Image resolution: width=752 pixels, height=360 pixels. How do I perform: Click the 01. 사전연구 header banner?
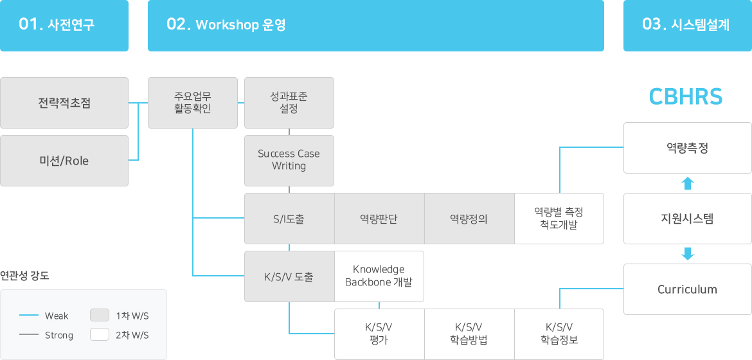coord(64,26)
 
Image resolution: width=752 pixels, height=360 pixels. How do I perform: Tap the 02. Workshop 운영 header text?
coord(226,24)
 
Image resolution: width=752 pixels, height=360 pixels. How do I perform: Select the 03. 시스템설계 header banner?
coord(687,26)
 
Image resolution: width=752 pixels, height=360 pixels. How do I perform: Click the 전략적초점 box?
coord(64,103)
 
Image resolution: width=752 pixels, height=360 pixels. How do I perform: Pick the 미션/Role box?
coord(64,161)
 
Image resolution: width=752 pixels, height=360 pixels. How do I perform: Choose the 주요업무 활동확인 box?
coord(193,103)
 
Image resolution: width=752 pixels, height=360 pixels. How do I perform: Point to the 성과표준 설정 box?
coord(289,103)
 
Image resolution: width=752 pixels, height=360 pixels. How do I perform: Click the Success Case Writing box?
coord(289,161)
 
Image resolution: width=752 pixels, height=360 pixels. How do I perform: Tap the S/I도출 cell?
coord(289,219)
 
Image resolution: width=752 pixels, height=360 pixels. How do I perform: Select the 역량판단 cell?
coord(379,219)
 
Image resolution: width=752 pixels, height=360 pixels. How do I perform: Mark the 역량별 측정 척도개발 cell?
coord(559,219)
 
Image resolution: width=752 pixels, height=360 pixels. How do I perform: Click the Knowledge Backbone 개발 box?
coord(379,276)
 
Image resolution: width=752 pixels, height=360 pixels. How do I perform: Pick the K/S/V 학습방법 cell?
coord(470,334)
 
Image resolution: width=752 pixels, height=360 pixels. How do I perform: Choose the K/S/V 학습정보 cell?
coord(559,334)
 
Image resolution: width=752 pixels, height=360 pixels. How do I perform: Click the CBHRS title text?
coord(686,96)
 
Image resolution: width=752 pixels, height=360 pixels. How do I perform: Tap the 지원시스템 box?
coord(687,219)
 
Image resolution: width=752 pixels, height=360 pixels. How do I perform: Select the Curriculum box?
coord(687,289)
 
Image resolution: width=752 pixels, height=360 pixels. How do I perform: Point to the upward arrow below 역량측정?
coord(688,183)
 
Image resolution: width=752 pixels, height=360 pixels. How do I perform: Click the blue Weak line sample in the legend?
coord(29,316)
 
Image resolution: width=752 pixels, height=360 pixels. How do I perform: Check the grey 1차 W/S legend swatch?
coord(100,316)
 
